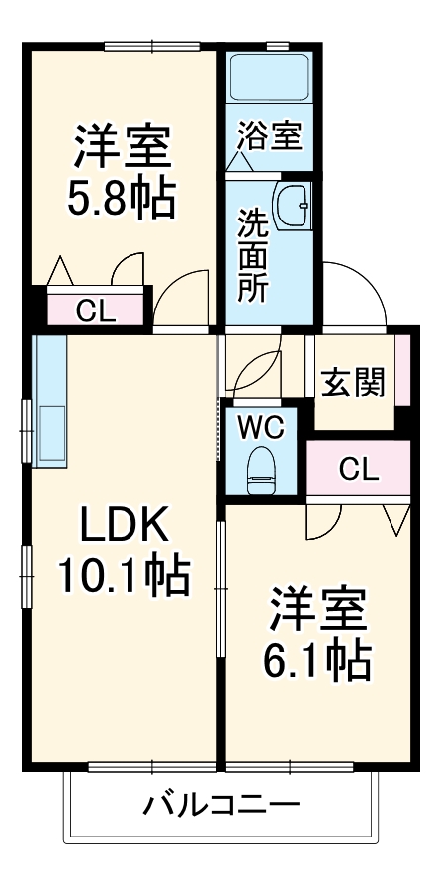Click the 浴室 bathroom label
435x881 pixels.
[269, 135]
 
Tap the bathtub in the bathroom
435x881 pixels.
[269, 76]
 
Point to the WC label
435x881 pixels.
[260, 428]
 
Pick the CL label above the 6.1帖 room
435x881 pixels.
[359, 468]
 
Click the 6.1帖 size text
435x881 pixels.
[316, 660]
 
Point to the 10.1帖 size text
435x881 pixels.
[123, 574]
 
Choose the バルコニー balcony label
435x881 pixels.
[219, 804]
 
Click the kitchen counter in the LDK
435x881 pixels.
[49, 399]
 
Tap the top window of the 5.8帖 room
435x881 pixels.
[153, 44]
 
